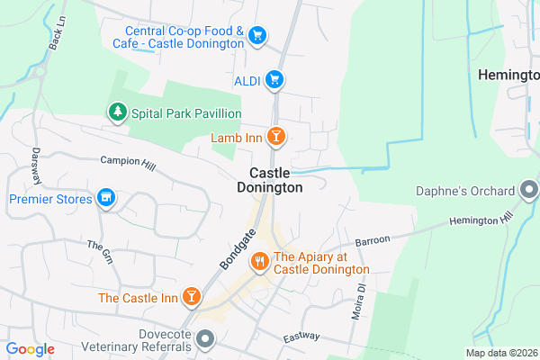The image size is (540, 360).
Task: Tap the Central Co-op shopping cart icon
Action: tap(258, 36)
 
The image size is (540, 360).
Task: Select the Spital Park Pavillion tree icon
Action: tap(116, 112)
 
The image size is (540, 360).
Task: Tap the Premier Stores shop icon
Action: tap(106, 198)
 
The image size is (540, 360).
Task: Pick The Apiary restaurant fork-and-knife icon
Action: tap(259, 262)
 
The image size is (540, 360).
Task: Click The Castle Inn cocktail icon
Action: tap(191, 297)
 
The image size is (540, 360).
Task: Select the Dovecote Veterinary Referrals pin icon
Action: tap(206, 339)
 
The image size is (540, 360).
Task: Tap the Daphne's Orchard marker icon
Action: tap(529, 190)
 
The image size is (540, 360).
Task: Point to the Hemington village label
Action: tap(508, 74)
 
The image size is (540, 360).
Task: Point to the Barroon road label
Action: tap(372, 241)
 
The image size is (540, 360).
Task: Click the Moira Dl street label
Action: tap(357, 301)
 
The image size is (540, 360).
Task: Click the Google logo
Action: tap(30, 349)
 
